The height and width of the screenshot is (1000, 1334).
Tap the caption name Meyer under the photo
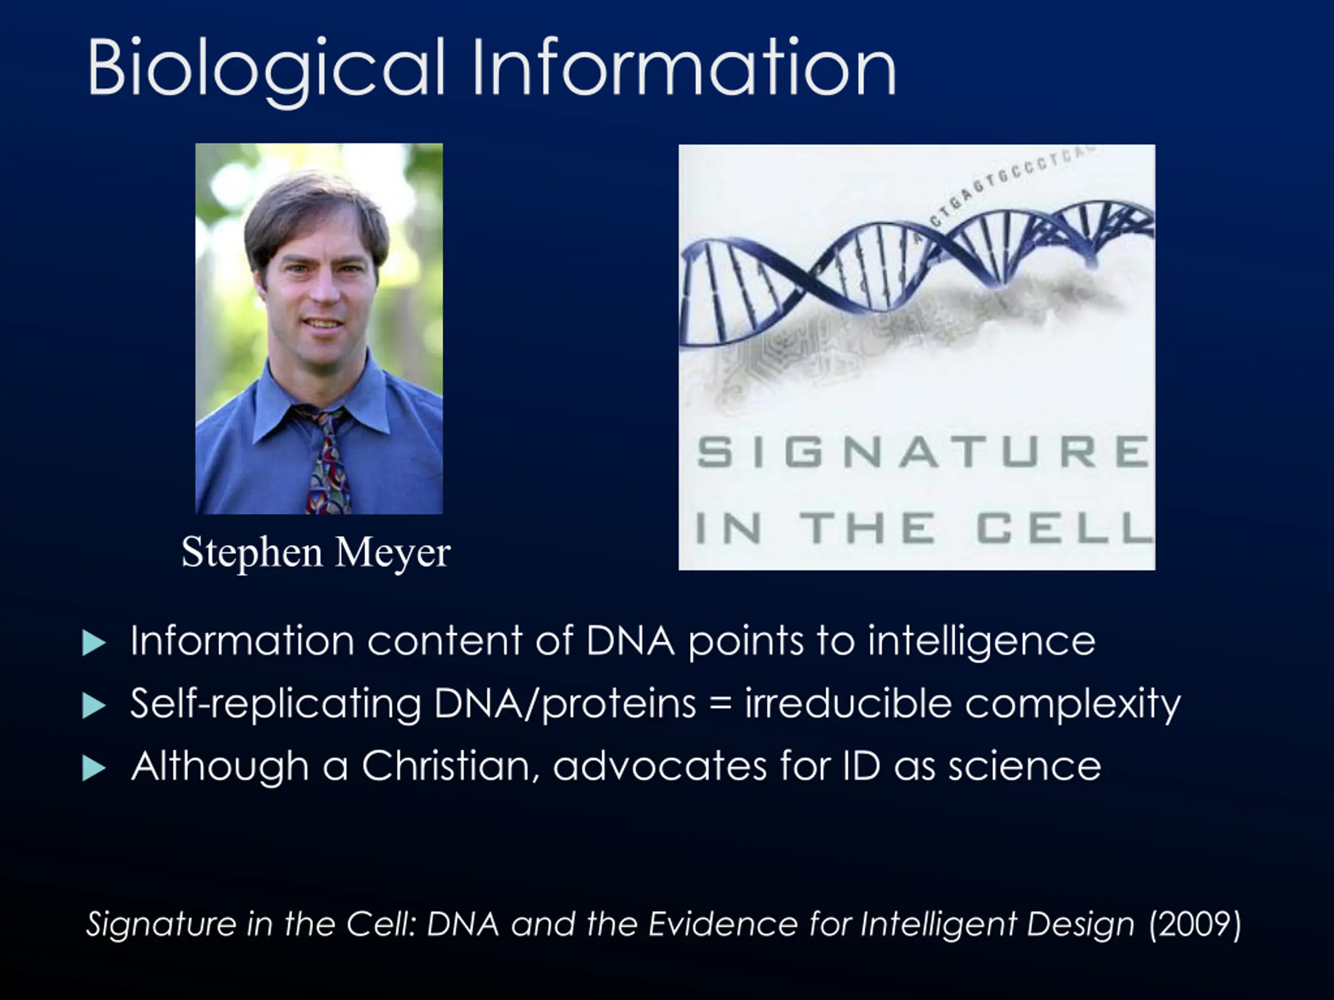point(392,553)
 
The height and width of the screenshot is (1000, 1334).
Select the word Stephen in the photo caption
point(252,553)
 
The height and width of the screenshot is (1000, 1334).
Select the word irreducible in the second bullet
point(848,704)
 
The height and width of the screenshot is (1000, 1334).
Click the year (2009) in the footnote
point(1195,924)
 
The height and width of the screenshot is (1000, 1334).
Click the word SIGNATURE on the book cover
point(923,452)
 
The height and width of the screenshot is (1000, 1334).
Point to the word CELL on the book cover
point(1065,528)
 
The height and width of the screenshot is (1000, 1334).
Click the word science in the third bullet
point(1025,766)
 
